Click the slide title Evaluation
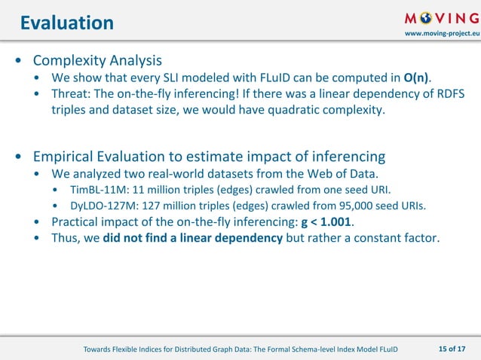[x=66, y=23]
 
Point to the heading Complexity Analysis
[x=97, y=59]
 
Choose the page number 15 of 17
[x=452, y=347]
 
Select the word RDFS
[x=448, y=95]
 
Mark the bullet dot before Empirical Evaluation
[x=17, y=158]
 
